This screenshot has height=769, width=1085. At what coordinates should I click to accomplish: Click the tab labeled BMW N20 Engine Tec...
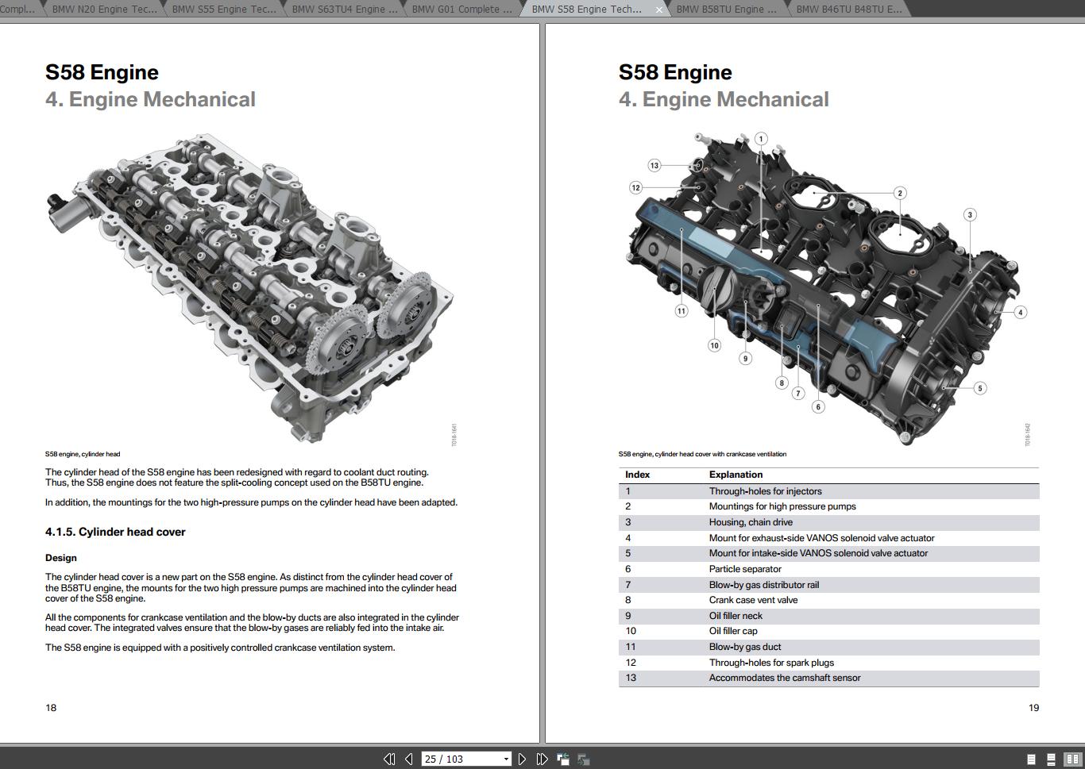click(104, 9)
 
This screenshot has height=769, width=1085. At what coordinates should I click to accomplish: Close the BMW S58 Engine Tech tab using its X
click(658, 10)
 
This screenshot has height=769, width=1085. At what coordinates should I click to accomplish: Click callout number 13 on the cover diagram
click(654, 165)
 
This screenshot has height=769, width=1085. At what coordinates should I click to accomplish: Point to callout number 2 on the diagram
click(899, 193)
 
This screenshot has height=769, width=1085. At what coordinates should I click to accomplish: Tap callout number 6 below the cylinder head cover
click(818, 406)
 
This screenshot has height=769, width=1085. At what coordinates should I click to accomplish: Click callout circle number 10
click(714, 345)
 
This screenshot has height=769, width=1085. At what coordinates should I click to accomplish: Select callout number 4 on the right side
click(1021, 312)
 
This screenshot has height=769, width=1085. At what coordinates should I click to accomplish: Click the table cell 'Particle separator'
click(744, 569)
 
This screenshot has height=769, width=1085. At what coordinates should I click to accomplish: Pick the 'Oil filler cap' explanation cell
click(732, 631)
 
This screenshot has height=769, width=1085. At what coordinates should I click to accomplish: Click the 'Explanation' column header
click(736, 475)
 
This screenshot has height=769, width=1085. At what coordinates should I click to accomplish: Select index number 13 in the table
click(631, 678)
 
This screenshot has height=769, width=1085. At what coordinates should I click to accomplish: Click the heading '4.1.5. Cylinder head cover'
click(115, 532)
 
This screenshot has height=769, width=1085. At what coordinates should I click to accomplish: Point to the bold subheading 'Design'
click(61, 558)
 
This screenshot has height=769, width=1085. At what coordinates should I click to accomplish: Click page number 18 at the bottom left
click(51, 707)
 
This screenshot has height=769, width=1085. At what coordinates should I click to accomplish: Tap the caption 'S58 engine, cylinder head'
click(83, 454)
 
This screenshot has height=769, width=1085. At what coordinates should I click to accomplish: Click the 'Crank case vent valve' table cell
click(753, 600)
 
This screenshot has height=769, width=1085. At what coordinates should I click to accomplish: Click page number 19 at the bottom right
click(1033, 707)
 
